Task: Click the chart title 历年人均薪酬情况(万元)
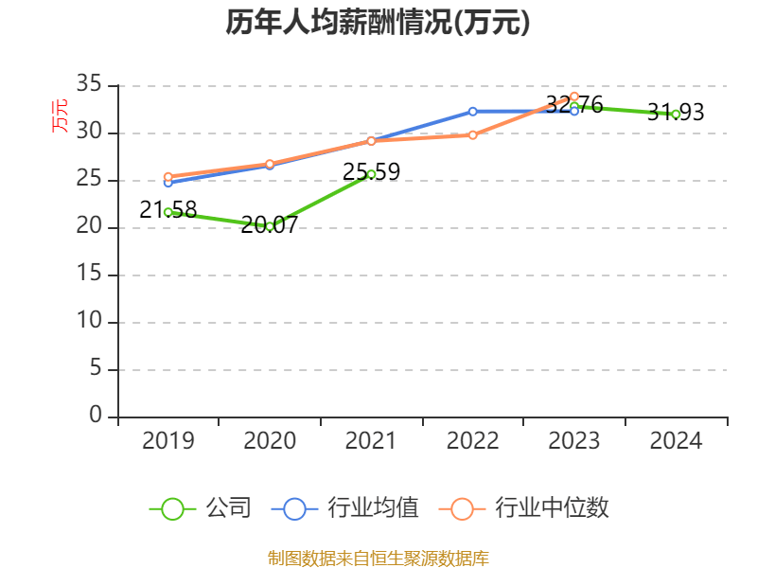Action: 378,23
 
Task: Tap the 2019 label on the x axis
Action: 167,440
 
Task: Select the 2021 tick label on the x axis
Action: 371,440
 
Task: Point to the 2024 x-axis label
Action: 676,440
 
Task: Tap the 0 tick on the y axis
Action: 95,417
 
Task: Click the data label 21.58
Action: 167,210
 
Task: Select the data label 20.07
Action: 270,225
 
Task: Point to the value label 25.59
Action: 371,172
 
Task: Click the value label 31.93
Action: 676,113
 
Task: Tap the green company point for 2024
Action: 676,115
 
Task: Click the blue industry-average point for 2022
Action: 472,111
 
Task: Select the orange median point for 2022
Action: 472,134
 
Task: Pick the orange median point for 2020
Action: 270,164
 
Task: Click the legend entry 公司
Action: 201,508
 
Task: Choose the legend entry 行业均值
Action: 345,508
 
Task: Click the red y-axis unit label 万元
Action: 60,116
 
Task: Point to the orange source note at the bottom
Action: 378,558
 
